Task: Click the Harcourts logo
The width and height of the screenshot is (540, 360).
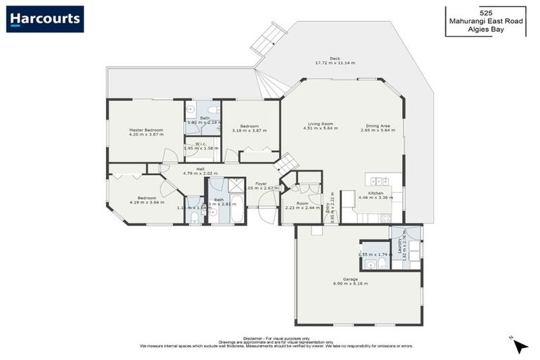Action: pos(45,19)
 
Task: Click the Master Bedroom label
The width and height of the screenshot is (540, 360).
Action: pos(146,130)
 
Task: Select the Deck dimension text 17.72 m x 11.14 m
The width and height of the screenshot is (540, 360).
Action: pos(335,63)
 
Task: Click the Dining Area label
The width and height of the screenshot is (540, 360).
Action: pos(375,124)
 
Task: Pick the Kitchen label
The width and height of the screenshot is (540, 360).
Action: pos(375,193)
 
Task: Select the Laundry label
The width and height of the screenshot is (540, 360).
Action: pos(399,245)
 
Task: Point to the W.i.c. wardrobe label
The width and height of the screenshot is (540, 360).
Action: pos(200,146)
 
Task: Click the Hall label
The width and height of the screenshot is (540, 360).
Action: pos(200,169)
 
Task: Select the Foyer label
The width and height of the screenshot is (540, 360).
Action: pos(261,184)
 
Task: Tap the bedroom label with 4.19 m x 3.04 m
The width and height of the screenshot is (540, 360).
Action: pos(147,198)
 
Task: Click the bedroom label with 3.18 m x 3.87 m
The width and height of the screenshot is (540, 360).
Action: pos(245,127)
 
